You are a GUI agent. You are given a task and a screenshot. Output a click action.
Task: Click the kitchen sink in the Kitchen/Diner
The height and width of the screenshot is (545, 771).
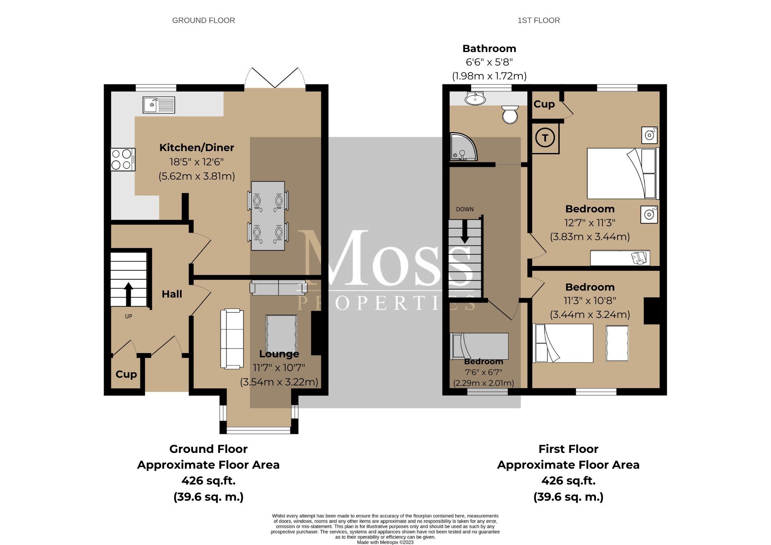click(x=158, y=105)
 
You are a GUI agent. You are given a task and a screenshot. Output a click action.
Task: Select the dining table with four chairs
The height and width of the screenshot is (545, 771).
click(x=268, y=216)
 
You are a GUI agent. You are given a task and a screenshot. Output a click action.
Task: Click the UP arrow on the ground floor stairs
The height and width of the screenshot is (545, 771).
click(x=128, y=294)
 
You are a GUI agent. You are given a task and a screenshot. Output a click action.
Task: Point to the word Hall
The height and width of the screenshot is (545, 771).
click(x=172, y=294)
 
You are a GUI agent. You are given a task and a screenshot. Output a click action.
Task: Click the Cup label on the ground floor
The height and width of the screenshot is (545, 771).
click(x=126, y=374)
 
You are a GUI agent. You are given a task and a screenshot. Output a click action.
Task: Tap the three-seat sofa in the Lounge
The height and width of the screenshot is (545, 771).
click(x=232, y=339)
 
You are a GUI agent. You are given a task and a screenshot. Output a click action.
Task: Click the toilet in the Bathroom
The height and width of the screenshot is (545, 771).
click(x=510, y=114)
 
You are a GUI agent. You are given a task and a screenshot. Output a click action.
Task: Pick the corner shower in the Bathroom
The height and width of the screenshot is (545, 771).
click(x=463, y=148)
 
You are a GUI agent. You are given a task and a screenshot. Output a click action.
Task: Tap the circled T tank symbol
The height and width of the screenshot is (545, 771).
click(x=545, y=138)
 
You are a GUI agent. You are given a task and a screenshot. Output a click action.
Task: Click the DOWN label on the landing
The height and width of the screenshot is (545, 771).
click(x=465, y=209)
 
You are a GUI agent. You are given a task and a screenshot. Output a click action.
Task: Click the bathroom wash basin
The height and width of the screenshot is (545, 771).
click(x=475, y=99)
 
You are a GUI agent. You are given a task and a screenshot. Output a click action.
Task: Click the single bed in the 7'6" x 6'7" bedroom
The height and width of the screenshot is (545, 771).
click(x=479, y=346)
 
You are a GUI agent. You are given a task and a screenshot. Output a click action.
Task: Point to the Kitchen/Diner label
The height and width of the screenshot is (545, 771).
click(x=197, y=148)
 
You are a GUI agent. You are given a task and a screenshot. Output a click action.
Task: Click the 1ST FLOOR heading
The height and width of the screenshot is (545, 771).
click(x=539, y=20)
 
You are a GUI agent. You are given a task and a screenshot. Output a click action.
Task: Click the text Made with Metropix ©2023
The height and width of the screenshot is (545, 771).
click(x=385, y=542)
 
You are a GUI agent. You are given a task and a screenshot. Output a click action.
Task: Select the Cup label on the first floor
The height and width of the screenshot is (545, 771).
click(x=544, y=104)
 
